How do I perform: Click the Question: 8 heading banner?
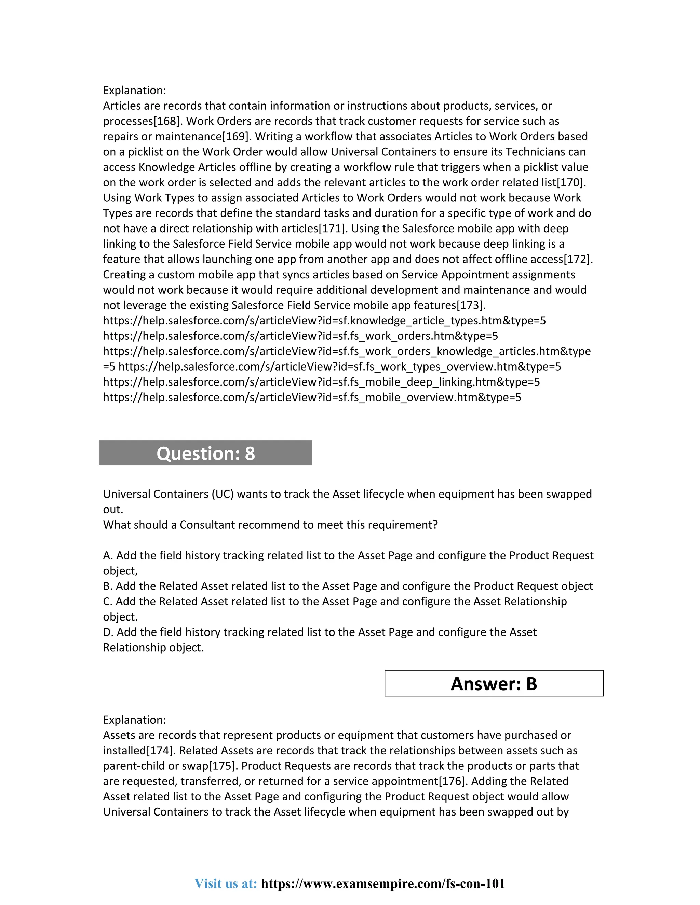pos(206,453)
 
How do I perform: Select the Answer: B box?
pos(494,683)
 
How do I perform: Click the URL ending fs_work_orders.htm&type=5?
pos(300,336)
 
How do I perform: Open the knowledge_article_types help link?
pos(324,320)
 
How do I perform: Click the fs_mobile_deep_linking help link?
pos(321,382)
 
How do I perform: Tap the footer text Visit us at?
pos(226,883)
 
